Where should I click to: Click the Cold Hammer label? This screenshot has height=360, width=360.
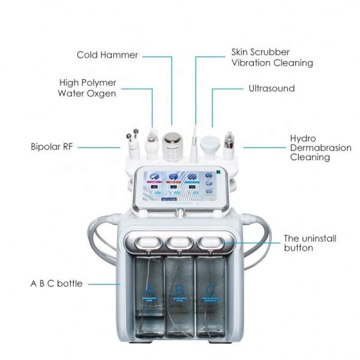[107, 55]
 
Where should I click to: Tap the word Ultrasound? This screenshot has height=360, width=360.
[272, 89]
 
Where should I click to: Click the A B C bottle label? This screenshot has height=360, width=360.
[56, 283]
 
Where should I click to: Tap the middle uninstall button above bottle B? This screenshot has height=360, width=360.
[179, 242]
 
